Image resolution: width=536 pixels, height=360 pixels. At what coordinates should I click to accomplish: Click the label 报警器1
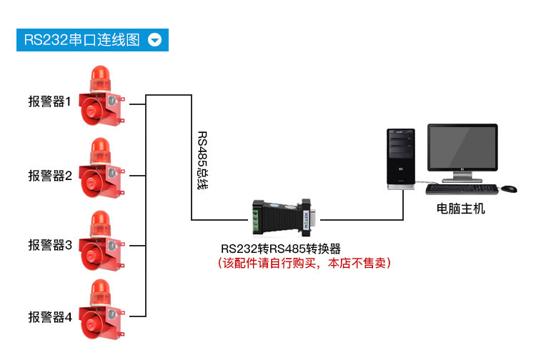click(50, 102)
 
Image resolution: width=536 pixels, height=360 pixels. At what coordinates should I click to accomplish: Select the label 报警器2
click(50, 175)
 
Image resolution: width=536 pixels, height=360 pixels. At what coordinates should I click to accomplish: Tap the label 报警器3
click(50, 245)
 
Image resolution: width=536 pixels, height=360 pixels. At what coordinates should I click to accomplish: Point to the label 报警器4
click(50, 316)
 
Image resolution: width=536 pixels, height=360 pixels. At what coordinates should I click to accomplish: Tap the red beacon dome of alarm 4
click(99, 291)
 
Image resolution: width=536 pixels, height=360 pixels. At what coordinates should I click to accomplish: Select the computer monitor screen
click(462, 148)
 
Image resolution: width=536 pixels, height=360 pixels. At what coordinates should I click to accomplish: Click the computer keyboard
click(462, 189)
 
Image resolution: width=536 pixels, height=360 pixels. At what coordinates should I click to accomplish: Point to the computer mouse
click(508, 189)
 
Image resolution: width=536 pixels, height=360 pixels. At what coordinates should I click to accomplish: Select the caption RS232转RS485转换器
click(281, 249)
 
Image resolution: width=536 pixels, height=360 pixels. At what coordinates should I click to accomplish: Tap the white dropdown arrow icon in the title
click(155, 40)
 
